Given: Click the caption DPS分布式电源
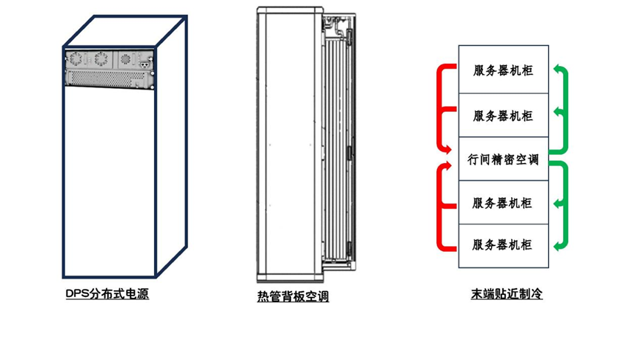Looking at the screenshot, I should [107, 294].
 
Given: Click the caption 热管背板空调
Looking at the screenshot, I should [293, 296].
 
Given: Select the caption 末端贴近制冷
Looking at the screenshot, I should [507, 294].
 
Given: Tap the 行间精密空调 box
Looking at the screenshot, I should [503, 159].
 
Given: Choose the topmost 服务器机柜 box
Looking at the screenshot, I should [503, 71].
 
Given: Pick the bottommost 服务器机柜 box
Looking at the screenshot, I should [503, 245].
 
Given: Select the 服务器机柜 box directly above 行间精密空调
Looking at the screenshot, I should [503, 116].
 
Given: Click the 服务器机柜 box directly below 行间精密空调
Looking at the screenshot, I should [503, 202].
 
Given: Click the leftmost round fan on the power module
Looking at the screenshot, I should [75, 59].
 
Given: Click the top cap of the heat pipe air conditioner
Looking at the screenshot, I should [290, 10].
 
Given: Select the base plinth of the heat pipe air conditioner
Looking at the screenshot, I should [290, 279].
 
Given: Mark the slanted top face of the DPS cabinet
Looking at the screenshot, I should [124, 31].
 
